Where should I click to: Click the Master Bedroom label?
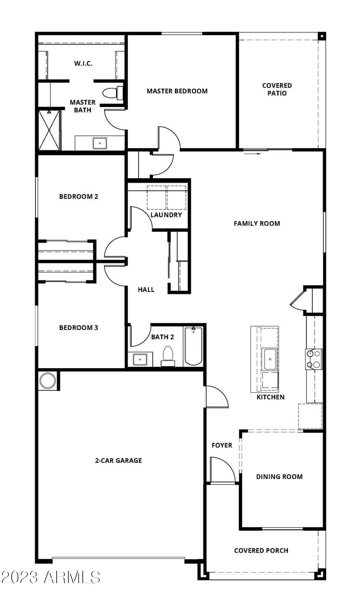177,91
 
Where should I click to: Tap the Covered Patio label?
277,89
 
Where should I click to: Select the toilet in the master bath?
112,93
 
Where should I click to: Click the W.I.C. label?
83,63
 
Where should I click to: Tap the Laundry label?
166,215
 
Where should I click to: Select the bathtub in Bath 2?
193,346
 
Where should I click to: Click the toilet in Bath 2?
168,355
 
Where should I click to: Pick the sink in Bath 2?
139,359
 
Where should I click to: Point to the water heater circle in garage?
47,380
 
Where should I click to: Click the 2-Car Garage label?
118,460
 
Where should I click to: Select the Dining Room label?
279,477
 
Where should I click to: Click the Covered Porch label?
261,551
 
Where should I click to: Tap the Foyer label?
222,445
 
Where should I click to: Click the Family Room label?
256,223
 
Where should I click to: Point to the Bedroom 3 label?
78,328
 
